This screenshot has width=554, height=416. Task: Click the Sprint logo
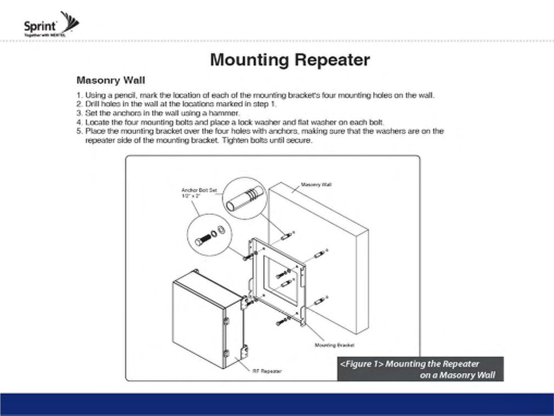51,24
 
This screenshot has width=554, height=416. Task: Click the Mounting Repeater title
290,60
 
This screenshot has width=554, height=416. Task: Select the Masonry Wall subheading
110,80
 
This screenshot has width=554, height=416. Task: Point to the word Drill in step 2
92,104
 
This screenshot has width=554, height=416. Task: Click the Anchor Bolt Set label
199,190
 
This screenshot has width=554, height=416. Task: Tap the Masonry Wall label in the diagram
316,184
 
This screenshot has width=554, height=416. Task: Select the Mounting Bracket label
334,345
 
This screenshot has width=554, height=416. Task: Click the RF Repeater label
267,371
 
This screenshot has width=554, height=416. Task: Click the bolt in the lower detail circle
203,240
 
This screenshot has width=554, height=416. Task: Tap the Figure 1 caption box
420,369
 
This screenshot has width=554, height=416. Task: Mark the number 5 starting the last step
79,131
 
